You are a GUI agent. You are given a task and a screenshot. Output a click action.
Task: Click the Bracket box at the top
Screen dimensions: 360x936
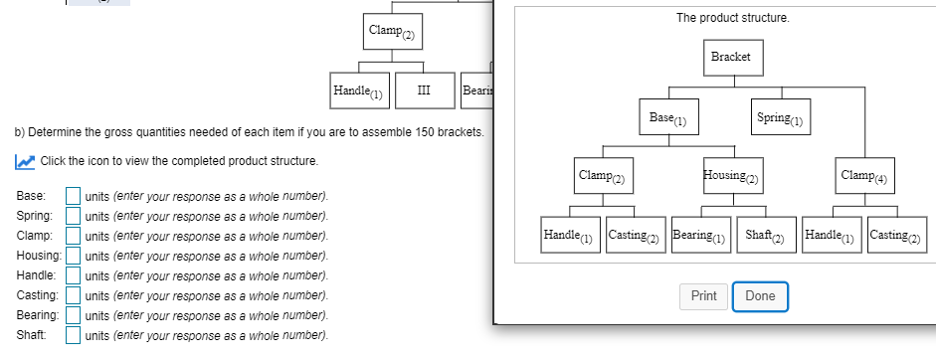click(x=731, y=57)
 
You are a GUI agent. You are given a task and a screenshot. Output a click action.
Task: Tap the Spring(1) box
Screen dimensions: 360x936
click(x=779, y=118)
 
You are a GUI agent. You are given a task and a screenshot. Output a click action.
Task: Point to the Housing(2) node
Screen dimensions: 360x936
click(x=731, y=176)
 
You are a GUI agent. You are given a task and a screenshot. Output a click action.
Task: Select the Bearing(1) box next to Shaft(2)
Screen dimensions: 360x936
click(x=701, y=236)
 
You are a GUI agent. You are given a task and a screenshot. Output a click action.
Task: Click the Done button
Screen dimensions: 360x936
click(x=760, y=296)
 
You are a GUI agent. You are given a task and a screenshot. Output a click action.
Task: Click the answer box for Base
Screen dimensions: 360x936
click(x=74, y=196)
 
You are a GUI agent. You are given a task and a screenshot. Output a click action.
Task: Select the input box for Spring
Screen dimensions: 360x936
click(x=74, y=216)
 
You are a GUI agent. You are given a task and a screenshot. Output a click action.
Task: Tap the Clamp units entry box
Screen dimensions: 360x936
click(x=74, y=236)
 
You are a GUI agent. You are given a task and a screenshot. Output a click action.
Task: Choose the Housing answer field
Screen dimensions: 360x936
click(x=74, y=256)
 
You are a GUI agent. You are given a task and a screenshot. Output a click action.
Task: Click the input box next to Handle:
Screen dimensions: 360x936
click(x=74, y=275)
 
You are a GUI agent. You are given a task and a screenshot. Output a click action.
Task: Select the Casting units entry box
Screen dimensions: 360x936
click(x=74, y=295)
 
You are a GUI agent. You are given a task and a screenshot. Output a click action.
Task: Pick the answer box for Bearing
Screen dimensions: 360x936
click(x=74, y=315)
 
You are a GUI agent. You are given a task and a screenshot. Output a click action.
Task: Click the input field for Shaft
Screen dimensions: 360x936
click(x=74, y=335)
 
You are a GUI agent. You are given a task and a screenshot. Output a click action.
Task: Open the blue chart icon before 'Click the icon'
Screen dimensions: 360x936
click(x=26, y=161)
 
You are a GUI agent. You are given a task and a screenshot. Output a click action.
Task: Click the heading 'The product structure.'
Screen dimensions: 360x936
click(x=719, y=18)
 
